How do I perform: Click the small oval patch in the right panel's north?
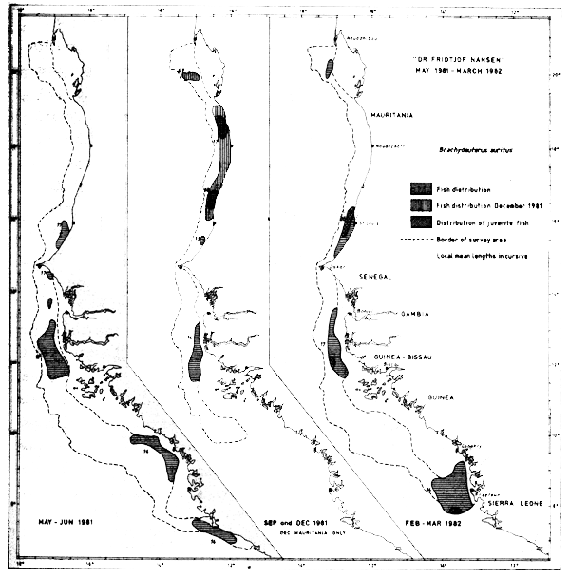point(330,68)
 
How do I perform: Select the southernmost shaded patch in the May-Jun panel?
point(213,531)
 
